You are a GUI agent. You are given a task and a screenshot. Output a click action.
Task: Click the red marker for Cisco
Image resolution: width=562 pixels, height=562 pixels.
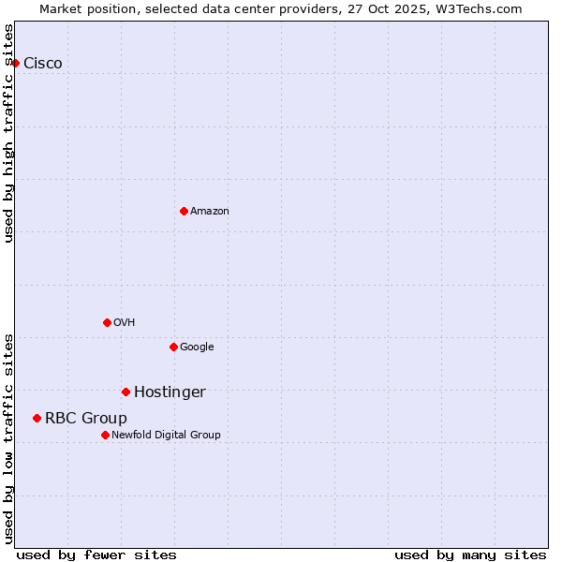point(15,63)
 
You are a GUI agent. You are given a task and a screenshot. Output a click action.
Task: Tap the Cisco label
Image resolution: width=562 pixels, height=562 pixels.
point(43,64)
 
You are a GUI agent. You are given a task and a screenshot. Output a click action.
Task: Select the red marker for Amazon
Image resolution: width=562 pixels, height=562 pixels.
point(184,211)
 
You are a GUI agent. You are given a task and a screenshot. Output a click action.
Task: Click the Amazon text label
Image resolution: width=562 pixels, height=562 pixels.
point(210,212)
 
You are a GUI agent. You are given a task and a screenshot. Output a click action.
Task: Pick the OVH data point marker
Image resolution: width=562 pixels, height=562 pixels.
point(107,322)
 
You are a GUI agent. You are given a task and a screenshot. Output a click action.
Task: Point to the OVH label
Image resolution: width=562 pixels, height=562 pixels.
point(125,323)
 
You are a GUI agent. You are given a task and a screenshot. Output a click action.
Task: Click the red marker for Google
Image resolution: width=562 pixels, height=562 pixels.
point(173,347)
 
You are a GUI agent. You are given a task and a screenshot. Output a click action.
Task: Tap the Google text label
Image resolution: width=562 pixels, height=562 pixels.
point(197,348)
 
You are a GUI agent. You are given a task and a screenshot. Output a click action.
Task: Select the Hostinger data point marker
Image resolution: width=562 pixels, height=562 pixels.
point(126,392)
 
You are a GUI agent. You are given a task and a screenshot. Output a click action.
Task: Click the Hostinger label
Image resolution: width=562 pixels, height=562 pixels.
point(170,392)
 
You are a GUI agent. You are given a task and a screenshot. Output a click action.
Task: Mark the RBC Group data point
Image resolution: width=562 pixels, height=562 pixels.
point(37,418)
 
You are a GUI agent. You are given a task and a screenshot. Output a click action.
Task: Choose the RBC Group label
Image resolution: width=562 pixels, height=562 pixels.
point(86,419)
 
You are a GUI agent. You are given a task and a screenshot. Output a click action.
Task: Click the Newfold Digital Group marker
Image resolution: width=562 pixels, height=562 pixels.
point(105,435)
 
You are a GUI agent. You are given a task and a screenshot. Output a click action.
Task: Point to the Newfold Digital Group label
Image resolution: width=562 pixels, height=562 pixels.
point(167,436)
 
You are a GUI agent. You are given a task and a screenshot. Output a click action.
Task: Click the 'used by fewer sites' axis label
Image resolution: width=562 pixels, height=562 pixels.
point(96,555)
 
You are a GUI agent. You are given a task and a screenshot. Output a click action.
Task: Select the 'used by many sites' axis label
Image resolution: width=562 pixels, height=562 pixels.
point(470,555)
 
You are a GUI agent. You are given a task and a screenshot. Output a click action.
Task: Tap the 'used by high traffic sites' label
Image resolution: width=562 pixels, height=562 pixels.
point(9,133)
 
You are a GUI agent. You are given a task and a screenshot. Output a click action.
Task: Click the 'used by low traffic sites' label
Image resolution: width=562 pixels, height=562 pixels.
point(9,438)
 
